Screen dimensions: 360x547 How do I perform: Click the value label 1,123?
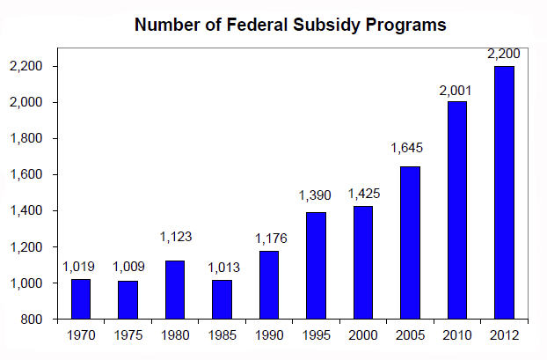click(x=174, y=237)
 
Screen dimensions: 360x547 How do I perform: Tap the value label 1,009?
click(x=128, y=267)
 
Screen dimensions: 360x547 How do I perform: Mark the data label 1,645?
click(x=409, y=148)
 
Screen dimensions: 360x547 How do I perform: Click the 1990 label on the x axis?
click(x=268, y=335)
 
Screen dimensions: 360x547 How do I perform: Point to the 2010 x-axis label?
click(x=456, y=335)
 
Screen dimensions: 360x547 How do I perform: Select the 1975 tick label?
click(x=128, y=335)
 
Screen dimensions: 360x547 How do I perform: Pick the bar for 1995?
click(x=315, y=265)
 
